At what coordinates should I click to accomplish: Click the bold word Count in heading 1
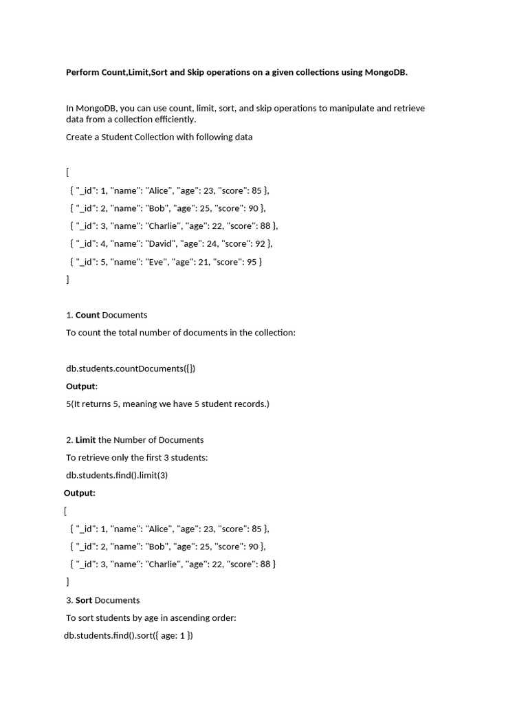(x=87, y=315)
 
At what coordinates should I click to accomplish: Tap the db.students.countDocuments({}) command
(x=131, y=368)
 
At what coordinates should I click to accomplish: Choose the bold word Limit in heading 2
(x=86, y=440)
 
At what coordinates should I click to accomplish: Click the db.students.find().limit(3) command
(x=117, y=475)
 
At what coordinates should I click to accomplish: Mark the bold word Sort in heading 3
(x=84, y=600)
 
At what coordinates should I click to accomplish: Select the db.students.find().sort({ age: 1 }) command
(x=129, y=636)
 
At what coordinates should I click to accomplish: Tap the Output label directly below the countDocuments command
(x=81, y=386)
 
